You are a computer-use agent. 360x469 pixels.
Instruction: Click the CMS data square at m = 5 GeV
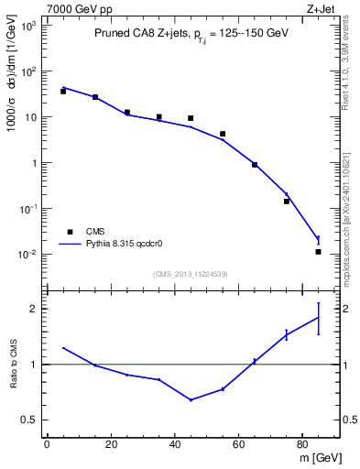(63, 92)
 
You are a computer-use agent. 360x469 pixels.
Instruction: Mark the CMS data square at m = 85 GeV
(318, 252)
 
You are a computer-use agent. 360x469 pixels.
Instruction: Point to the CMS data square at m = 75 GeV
(287, 202)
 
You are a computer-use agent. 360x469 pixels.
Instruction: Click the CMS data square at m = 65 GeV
(255, 165)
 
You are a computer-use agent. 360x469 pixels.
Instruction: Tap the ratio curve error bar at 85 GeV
(318, 318)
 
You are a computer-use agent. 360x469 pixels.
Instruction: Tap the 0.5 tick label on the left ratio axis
(29, 420)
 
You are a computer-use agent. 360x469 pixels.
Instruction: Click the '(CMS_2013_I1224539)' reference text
(191, 273)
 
